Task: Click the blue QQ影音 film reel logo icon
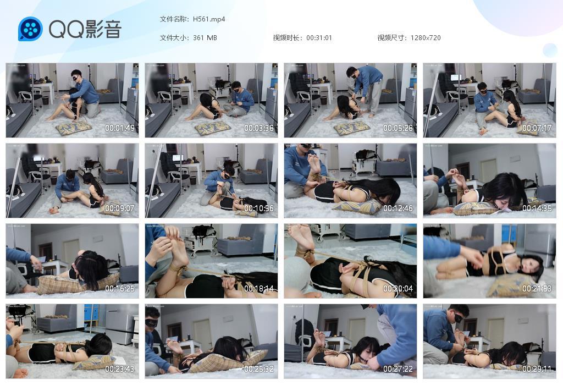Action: click(x=30, y=29)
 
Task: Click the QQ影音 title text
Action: click(x=85, y=29)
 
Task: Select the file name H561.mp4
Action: click(x=209, y=19)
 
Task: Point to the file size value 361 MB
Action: click(x=205, y=38)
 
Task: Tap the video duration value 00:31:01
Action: click(x=319, y=38)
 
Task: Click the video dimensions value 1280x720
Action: click(x=426, y=38)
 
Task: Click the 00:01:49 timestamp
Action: click(x=120, y=128)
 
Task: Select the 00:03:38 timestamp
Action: click(x=259, y=128)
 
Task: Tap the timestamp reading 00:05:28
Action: click(x=398, y=128)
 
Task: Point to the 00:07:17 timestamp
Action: click(x=537, y=128)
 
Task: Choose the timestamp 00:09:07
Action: click(x=120, y=208)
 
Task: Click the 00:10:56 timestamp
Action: click(x=259, y=208)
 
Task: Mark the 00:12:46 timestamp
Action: click(x=398, y=208)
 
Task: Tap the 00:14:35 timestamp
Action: click(x=537, y=208)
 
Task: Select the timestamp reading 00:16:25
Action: click(x=120, y=289)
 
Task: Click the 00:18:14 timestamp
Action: click(x=259, y=289)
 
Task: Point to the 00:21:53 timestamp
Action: click(x=537, y=289)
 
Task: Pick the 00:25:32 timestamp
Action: click(x=259, y=369)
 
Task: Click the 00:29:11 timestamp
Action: click(x=537, y=369)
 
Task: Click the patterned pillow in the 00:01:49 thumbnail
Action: click(x=74, y=128)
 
